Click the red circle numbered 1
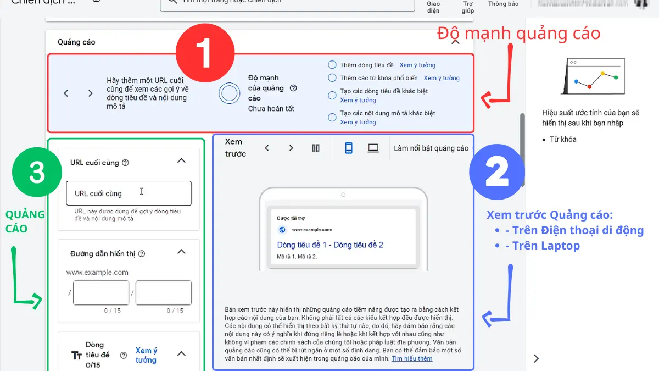205,53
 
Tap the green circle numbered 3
37,173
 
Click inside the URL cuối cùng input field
129,193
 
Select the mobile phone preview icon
348,148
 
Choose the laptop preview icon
373,148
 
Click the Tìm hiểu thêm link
412,358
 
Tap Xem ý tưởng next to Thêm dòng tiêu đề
417,65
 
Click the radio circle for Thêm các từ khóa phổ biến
332,78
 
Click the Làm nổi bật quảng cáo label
431,148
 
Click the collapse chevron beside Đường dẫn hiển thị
181,252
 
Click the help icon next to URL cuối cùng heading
125,163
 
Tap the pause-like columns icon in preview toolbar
315,148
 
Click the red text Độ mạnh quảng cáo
518,34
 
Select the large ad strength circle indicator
229,93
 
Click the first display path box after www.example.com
101,293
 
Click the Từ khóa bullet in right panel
562,140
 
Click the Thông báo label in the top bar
503,4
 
